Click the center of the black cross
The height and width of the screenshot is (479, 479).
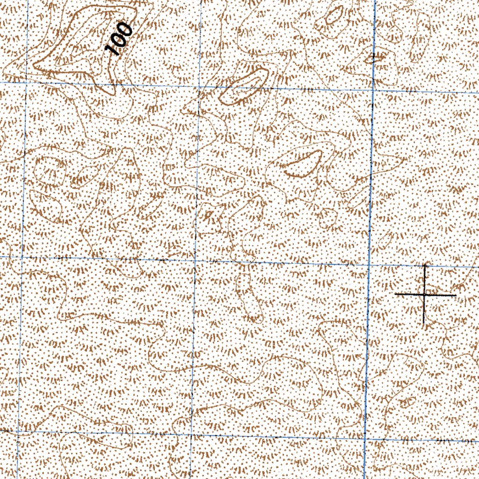(x=424, y=295)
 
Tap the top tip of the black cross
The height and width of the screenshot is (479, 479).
(x=425, y=264)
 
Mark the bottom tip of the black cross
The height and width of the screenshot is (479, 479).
(x=424, y=324)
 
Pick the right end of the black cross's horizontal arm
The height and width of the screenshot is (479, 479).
(x=456, y=295)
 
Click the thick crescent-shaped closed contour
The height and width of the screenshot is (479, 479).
(x=303, y=164)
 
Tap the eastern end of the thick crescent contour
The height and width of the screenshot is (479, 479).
(x=319, y=153)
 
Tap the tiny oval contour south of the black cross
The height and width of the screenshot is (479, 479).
(x=408, y=401)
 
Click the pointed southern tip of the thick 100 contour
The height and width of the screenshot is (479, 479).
(x=112, y=93)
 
